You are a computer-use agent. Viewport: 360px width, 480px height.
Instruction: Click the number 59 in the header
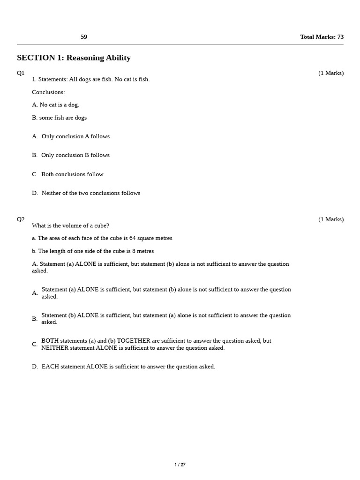[x=84, y=37]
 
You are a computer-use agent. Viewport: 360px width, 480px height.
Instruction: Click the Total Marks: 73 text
[x=322, y=37]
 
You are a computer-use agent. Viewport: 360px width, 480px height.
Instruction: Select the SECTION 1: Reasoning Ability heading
[x=74, y=58]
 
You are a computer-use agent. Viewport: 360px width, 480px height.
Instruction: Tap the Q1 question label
[x=21, y=73]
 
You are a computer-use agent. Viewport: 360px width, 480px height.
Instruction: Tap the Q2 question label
[x=21, y=219]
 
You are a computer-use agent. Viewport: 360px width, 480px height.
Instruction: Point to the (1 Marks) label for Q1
[x=330, y=73]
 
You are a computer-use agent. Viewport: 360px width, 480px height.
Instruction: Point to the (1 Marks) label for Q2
[x=330, y=219]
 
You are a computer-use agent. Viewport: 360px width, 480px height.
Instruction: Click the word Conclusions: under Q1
[x=48, y=92]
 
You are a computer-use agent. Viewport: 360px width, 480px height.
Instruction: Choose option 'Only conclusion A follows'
[x=75, y=136]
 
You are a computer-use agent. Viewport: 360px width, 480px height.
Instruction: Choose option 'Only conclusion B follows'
[x=75, y=155]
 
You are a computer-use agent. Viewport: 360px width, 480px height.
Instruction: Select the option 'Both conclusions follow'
[x=72, y=174]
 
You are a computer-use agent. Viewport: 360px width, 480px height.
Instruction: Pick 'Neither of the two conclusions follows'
[x=90, y=193]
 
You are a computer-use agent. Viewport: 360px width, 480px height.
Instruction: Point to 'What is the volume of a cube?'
[x=70, y=225]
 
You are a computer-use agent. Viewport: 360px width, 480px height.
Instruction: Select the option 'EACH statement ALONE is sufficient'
[x=128, y=367]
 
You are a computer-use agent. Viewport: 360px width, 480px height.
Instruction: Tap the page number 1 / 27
[x=180, y=465]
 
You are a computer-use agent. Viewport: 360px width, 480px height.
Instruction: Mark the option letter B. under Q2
[x=35, y=319]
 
